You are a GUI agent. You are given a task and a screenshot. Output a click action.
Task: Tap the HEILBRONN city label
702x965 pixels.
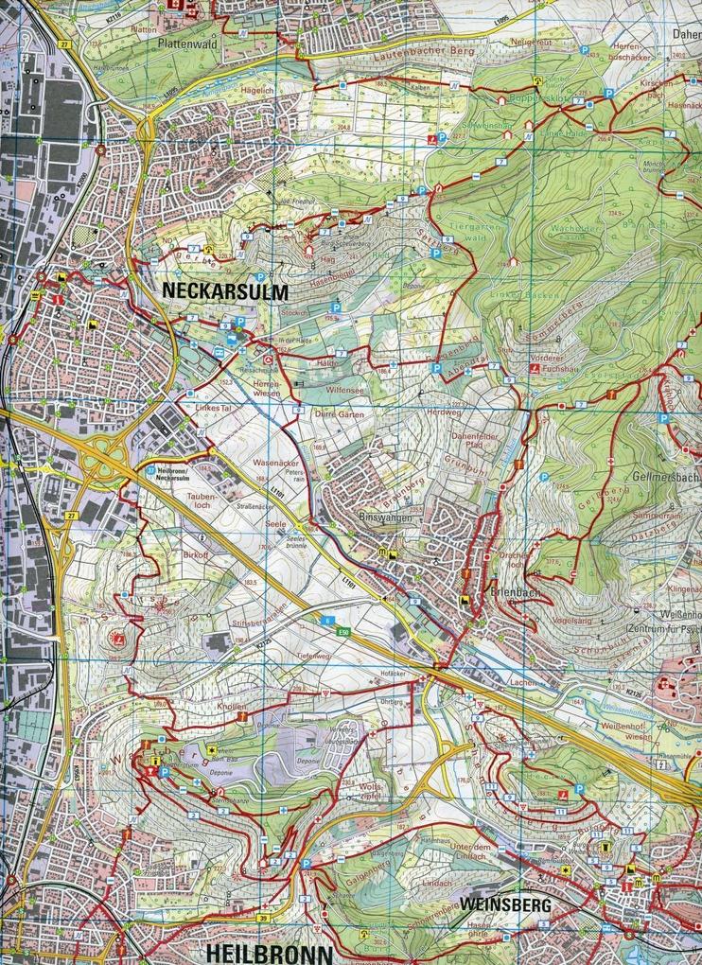point(269,951)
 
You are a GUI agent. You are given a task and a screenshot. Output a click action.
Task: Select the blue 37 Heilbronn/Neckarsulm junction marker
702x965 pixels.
point(150,469)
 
